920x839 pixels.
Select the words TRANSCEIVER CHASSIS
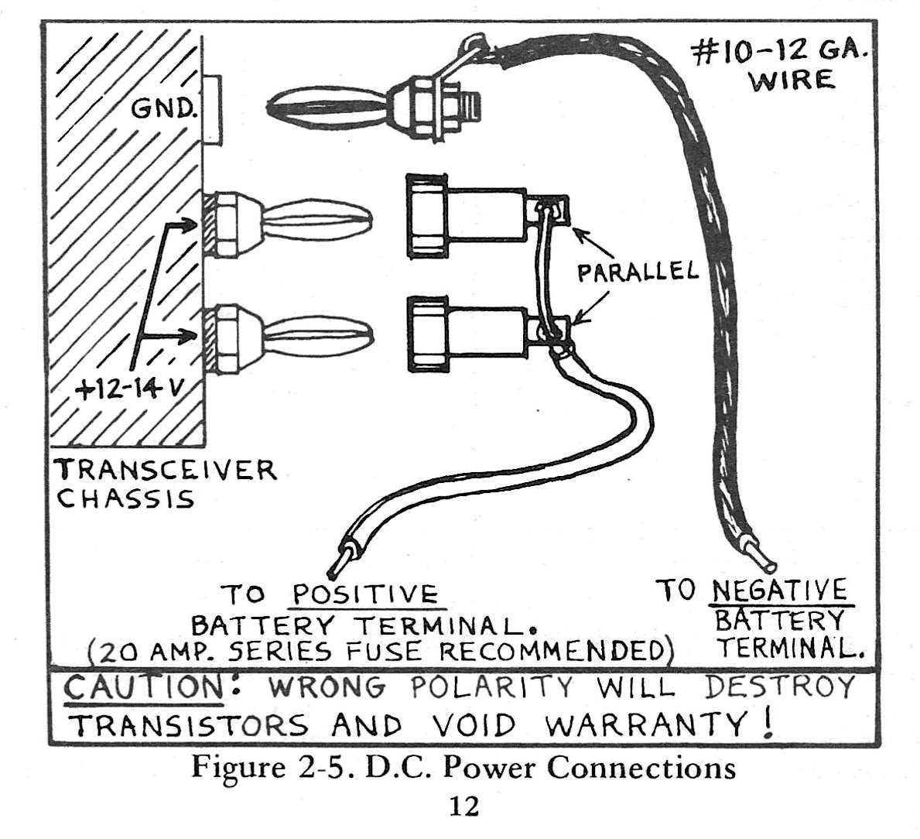[166, 483]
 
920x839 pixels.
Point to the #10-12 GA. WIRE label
[781, 66]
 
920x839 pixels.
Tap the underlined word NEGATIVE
[779, 591]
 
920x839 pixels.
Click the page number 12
[463, 806]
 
